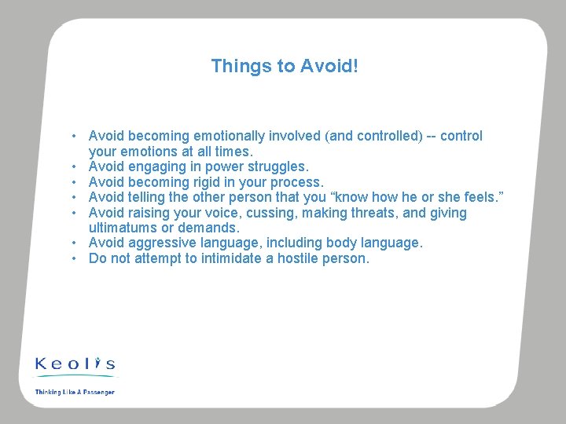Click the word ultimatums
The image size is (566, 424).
click(x=123, y=228)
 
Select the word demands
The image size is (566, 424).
click(x=206, y=228)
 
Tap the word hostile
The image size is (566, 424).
click(x=297, y=258)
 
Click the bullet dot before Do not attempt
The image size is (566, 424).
click(x=73, y=258)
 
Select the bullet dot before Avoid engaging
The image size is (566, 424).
click(x=73, y=166)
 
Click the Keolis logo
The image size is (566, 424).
click(x=75, y=364)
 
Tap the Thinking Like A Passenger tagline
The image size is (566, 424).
click(x=75, y=391)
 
